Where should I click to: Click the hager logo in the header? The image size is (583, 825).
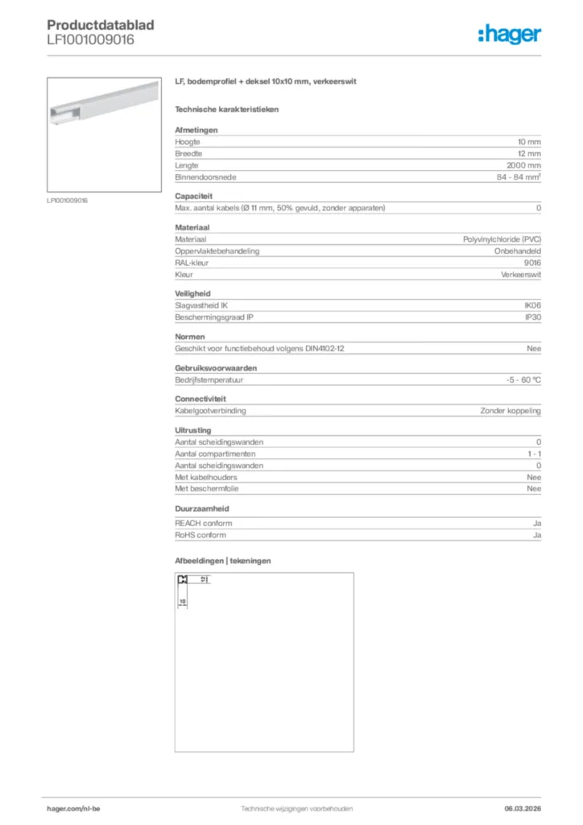pos(509,33)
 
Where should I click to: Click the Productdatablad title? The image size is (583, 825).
pos(101,25)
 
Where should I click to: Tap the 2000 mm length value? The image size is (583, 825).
pos(523,164)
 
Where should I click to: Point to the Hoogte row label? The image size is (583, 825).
pos(188,142)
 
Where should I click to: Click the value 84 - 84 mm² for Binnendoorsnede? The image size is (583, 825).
pos(519,176)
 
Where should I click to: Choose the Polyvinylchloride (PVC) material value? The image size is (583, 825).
pos(502,240)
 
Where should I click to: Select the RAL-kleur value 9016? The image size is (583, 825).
pos(532,263)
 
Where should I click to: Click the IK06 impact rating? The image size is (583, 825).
pos(532,305)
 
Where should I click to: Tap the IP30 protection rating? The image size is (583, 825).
pos(532,317)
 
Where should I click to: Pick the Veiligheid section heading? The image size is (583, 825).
pos(192,294)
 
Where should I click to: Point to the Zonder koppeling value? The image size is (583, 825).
pos(511,411)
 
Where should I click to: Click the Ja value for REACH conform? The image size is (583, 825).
pos(536,524)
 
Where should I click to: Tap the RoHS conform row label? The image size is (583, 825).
pos(201,535)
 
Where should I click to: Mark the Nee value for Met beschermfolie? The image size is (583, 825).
pos(534,488)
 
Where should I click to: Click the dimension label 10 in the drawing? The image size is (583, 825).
pos(183,601)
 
